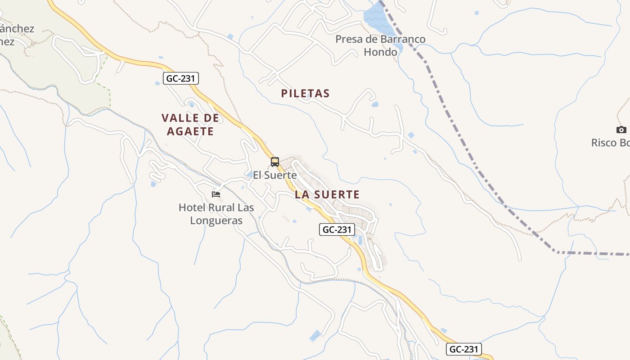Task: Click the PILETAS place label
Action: coord(305,94)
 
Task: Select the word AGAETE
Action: coord(190,131)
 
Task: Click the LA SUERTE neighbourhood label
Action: coord(327,194)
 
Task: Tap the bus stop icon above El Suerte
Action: coord(275,162)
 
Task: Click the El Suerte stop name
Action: coord(274,175)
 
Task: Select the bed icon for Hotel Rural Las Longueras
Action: coord(216,194)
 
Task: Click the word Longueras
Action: coord(216,220)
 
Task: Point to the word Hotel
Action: coord(192,207)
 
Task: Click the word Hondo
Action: coord(380,52)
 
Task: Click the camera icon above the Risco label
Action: coord(621,130)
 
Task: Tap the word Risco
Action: coord(604,143)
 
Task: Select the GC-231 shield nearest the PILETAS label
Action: coord(180,78)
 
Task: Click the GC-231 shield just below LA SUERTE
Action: coord(337,229)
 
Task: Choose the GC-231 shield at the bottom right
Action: coord(464,349)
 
